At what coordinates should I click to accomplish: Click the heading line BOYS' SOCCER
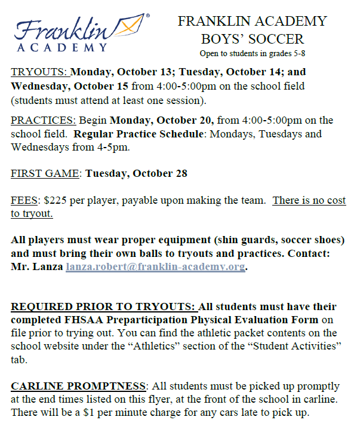pyautogui.click(x=252, y=39)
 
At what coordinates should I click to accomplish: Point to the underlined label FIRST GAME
pyautogui.click(x=45, y=174)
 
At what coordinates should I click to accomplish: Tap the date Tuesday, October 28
pyautogui.click(x=136, y=174)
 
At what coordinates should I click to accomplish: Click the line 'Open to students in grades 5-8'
pyautogui.click(x=253, y=54)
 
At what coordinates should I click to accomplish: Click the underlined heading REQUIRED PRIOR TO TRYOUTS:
pyautogui.click(x=104, y=307)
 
